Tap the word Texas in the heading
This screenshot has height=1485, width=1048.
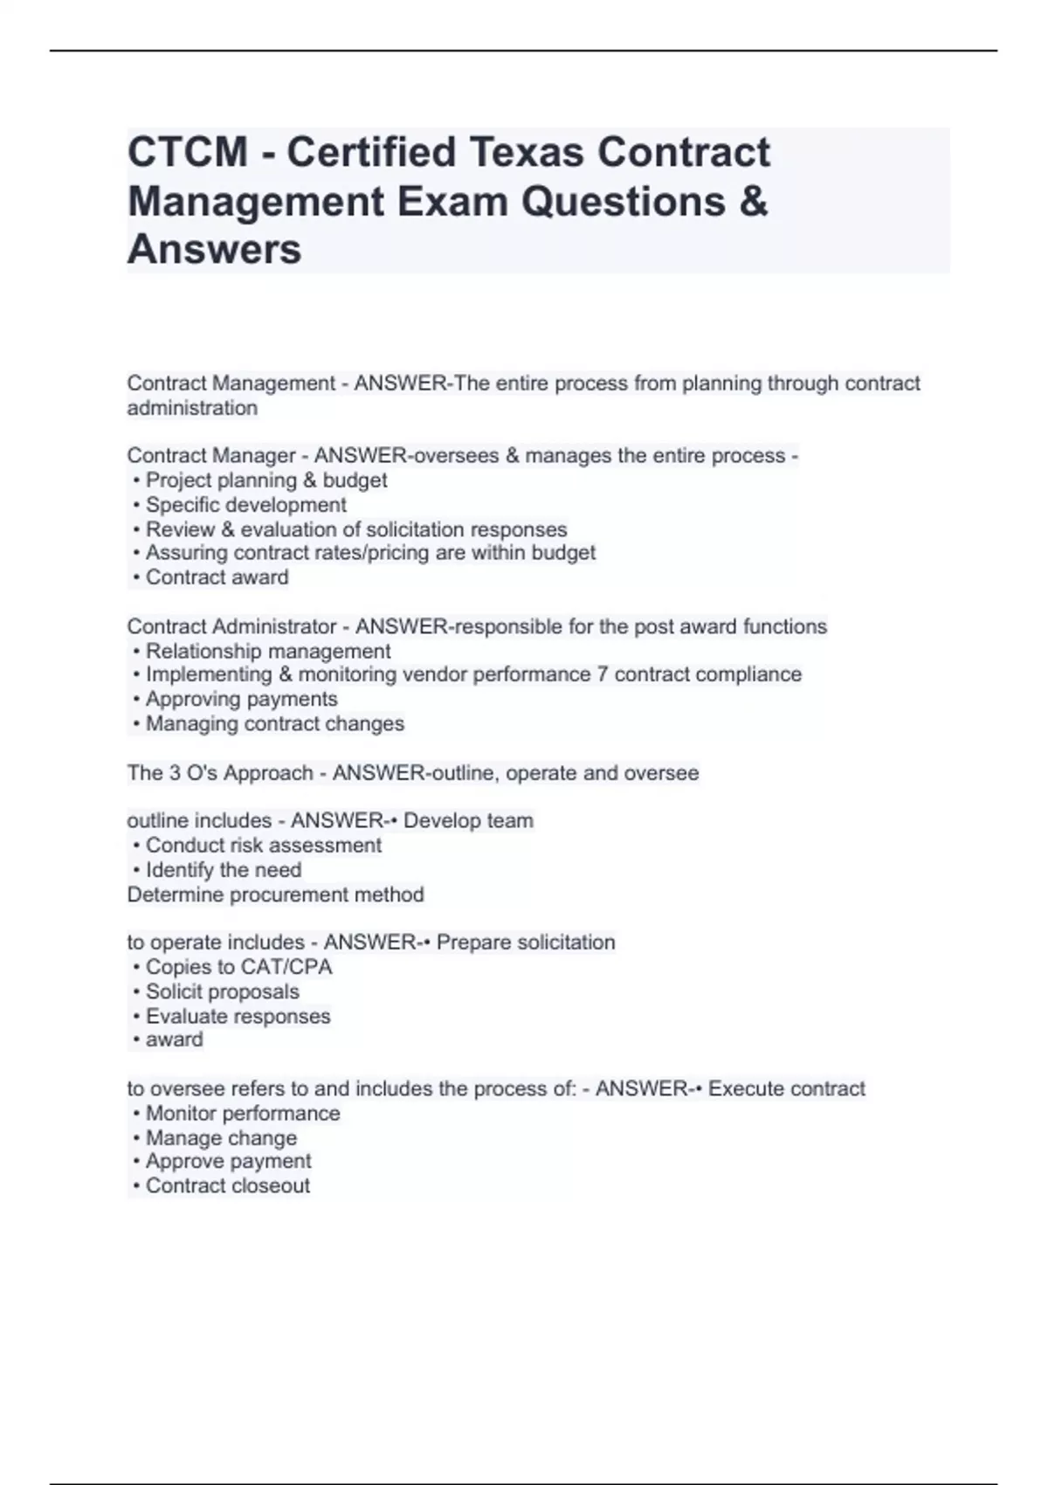click(527, 152)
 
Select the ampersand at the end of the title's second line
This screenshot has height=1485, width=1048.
click(754, 201)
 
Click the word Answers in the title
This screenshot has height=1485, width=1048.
click(215, 249)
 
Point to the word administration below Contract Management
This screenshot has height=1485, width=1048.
click(192, 408)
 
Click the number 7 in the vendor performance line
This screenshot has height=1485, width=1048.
click(603, 674)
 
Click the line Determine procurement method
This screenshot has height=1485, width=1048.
click(276, 894)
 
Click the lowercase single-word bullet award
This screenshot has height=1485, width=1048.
click(174, 1039)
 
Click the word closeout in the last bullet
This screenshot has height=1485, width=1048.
click(270, 1185)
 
